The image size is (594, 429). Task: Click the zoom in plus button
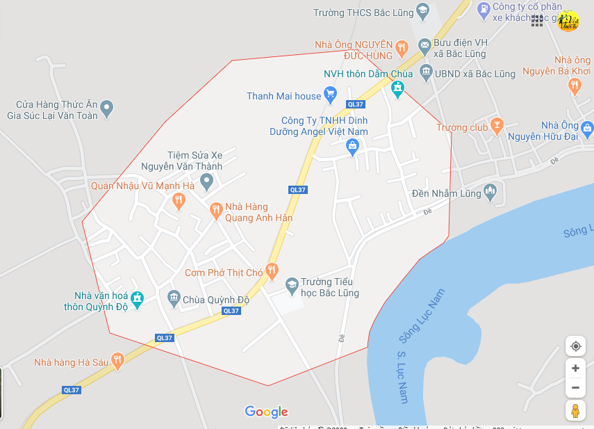pos(575,368)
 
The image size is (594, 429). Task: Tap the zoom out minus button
pos(575,387)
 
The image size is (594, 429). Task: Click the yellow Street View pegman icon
pos(575,410)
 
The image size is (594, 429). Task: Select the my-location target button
pos(575,346)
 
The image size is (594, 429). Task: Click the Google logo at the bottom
pos(266,412)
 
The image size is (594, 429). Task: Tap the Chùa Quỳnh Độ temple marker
pos(174,300)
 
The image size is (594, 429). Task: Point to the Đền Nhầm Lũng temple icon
pos(490,191)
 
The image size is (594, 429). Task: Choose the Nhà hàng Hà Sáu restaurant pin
pos(117,360)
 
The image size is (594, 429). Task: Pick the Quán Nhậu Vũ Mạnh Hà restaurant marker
pos(179,201)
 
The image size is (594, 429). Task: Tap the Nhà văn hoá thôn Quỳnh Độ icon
pos(137,298)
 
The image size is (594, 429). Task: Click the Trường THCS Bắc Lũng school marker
pos(422,10)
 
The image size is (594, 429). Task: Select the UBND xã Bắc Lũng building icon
pos(424,72)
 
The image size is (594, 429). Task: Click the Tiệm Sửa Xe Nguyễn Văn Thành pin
pos(206,182)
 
